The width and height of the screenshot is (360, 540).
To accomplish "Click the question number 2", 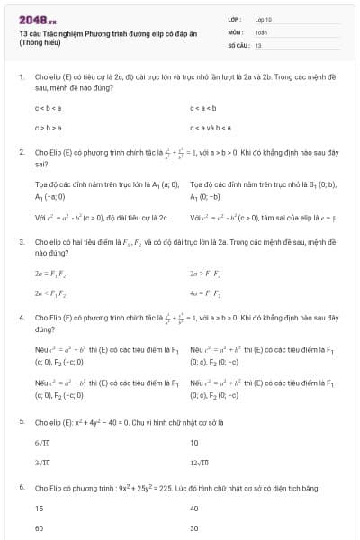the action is click(x=21, y=153).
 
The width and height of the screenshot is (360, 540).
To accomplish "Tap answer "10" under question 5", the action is click(x=194, y=443).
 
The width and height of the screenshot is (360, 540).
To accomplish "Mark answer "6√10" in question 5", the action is click(x=43, y=443).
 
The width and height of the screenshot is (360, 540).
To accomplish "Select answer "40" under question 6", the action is click(x=194, y=508).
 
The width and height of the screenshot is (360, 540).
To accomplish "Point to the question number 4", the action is click(x=21, y=318).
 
